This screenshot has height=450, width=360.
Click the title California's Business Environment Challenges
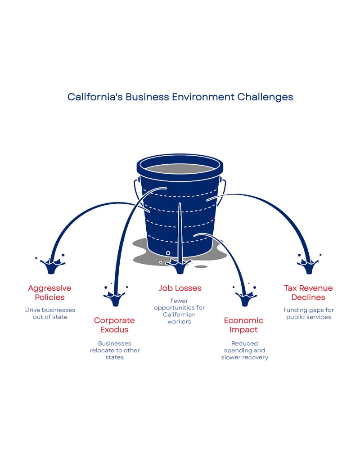(x=180, y=97)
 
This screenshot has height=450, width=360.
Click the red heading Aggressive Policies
(x=50, y=292)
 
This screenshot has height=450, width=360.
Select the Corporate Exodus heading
(x=115, y=325)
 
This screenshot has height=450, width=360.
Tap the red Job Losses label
(x=180, y=288)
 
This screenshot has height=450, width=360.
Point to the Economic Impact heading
(x=244, y=325)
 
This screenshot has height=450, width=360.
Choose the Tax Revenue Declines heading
(x=308, y=292)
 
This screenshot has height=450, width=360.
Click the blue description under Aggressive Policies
(x=50, y=313)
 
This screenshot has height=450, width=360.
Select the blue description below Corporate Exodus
(x=115, y=351)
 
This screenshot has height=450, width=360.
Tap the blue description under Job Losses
(x=180, y=311)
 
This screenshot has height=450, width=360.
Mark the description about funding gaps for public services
(x=308, y=313)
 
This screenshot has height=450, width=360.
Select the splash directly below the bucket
(x=180, y=266)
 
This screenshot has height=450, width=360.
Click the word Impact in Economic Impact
(x=244, y=330)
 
